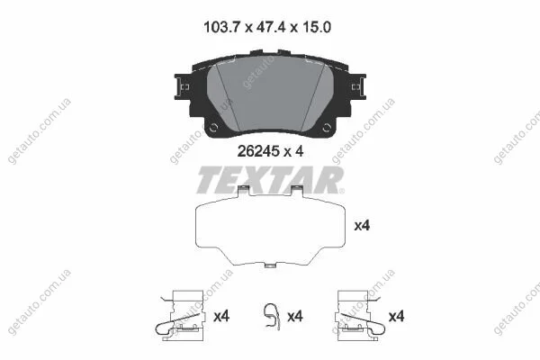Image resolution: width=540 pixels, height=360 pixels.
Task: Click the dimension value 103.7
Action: coord(221,27)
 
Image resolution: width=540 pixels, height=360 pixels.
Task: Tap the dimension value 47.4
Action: coord(271,27)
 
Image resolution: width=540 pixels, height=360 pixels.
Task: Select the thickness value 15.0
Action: coord(315,27)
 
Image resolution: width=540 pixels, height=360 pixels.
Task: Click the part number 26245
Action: coord(258,151)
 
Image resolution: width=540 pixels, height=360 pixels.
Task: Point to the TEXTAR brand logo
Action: coord(270,180)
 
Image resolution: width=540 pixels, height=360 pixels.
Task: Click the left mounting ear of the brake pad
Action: coord(183,86)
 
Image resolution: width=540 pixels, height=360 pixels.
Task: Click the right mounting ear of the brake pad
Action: coord(358,86)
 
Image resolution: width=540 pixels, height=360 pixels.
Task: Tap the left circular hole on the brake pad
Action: coord(213,128)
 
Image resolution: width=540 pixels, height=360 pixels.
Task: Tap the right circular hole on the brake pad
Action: coord(327,128)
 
